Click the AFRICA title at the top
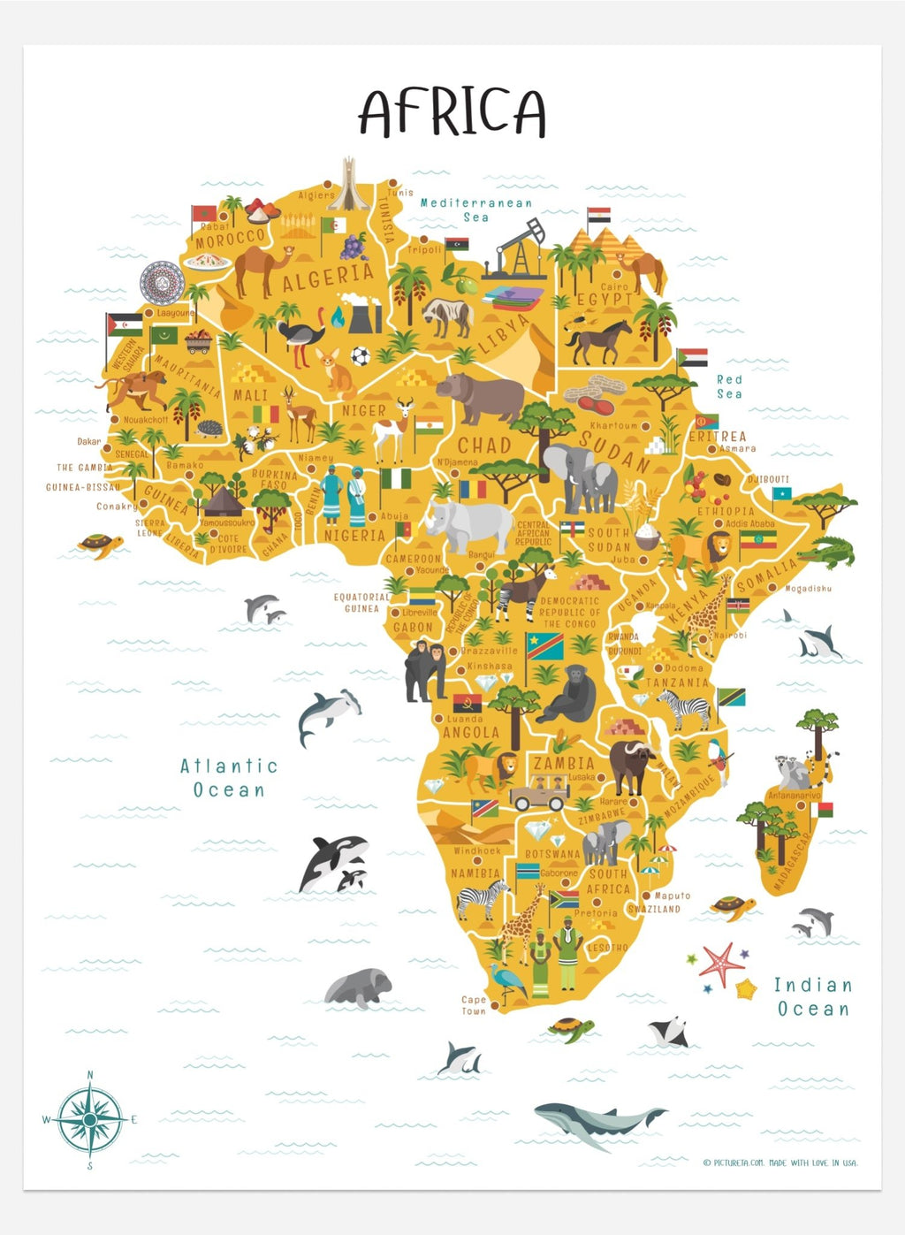(452, 111)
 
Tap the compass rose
(90, 1120)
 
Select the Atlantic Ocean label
(229, 778)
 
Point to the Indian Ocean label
(812, 996)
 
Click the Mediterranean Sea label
(475, 210)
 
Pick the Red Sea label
(729, 386)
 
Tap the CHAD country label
(483, 446)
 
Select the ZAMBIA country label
(563, 763)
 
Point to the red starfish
(721, 964)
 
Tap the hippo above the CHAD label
(480, 395)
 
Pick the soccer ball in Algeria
(360, 356)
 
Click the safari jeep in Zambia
(539, 792)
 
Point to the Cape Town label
(474, 1005)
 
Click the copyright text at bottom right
(780, 1163)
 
